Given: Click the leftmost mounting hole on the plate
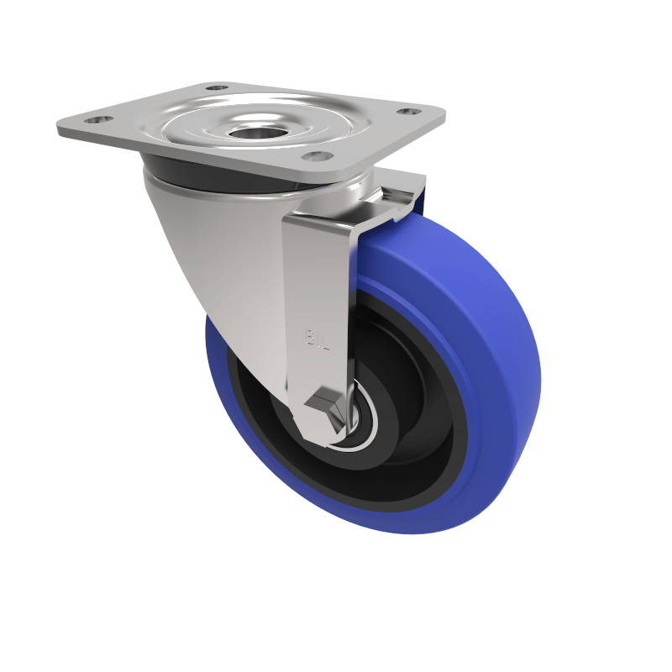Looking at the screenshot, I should pyautogui.click(x=92, y=120).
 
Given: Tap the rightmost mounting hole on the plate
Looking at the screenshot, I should pyautogui.click(x=408, y=111).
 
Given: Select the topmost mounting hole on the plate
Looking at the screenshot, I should pyautogui.click(x=217, y=87).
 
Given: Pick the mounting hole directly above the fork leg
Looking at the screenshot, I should pyautogui.click(x=314, y=155).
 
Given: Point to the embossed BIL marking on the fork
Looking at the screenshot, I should pyautogui.click(x=313, y=338).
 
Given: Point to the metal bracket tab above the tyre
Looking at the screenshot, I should pyautogui.click(x=395, y=197).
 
